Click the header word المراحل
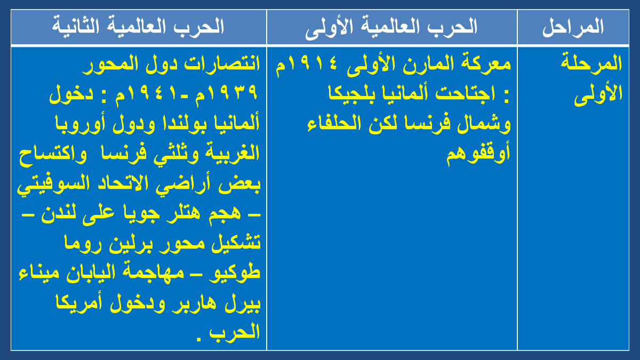click(573, 27)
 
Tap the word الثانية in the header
click(75, 26)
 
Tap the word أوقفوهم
click(478, 154)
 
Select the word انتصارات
click(222, 63)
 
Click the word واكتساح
click(53, 154)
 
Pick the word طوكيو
click(234, 273)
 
